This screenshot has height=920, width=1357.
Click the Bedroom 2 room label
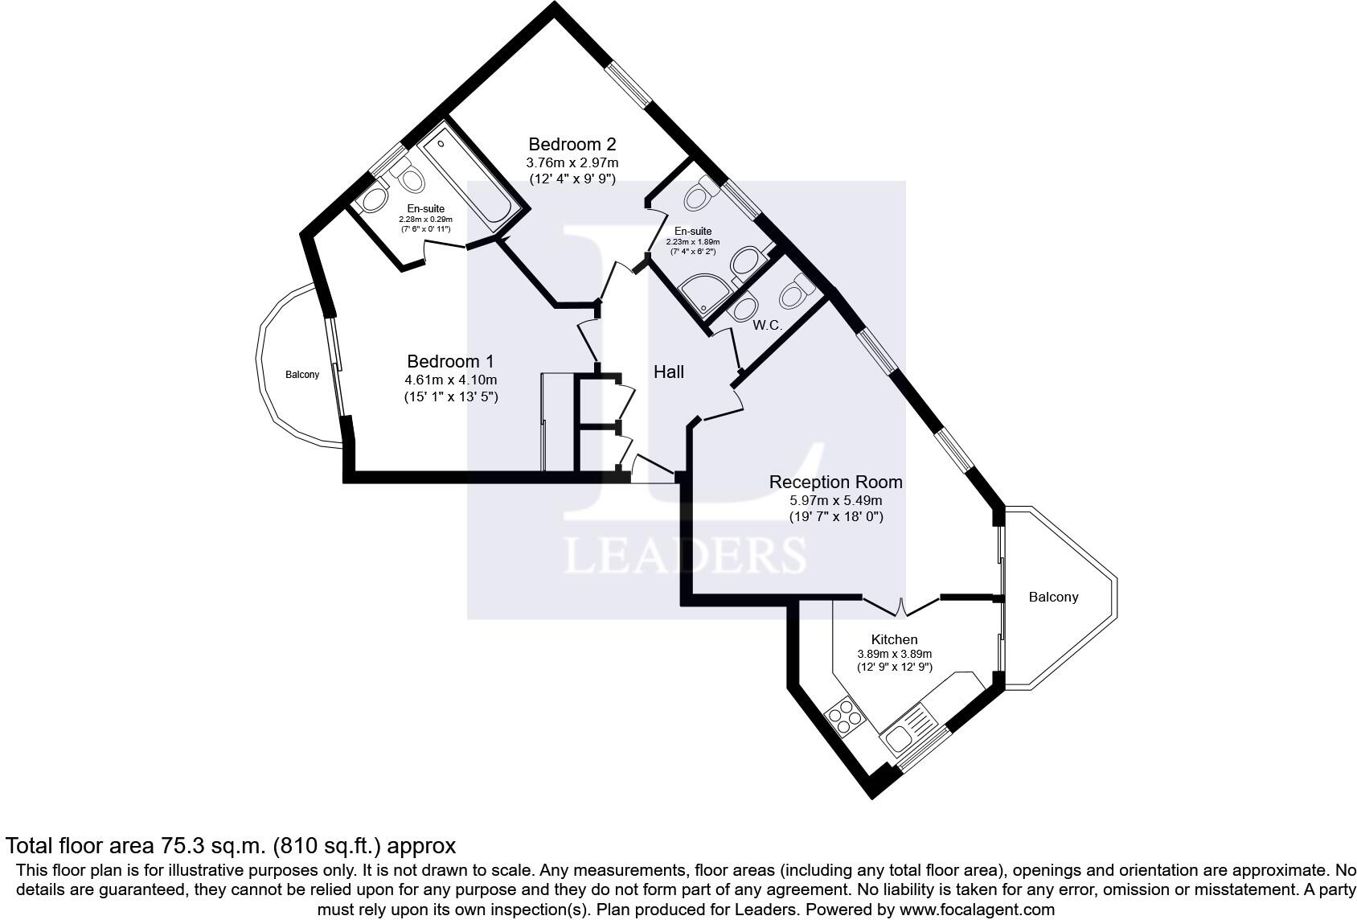click(x=572, y=145)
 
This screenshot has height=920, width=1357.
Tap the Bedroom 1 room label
click(x=450, y=362)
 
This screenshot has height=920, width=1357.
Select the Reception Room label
click(x=835, y=482)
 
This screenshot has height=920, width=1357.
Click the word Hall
click(x=668, y=372)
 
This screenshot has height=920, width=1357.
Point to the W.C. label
click(x=767, y=326)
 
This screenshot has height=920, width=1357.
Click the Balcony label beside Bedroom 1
click(x=302, y=375)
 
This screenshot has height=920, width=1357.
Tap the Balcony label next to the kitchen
click(x=1053, y=597)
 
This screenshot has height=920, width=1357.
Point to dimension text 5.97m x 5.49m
click(x=835, y=500)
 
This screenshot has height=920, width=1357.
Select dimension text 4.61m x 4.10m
click(x=450, y=380)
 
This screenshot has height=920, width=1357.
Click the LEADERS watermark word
click(x=685, y=555)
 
